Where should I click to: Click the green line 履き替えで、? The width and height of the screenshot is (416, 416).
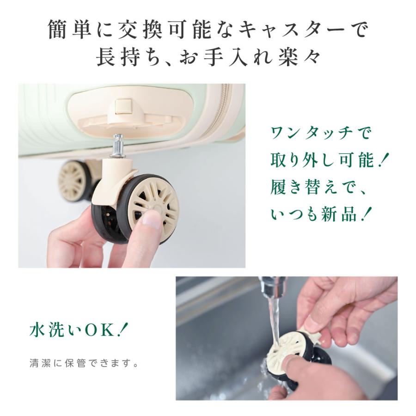pos(319,188)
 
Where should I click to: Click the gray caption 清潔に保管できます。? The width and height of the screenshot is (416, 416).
pos(84,362)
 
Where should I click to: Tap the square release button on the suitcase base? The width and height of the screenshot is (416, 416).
pos(123,104)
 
